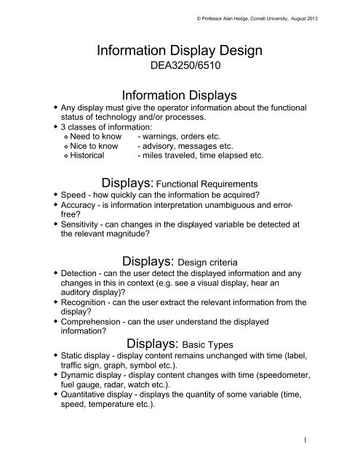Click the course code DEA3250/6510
(180, 71)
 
